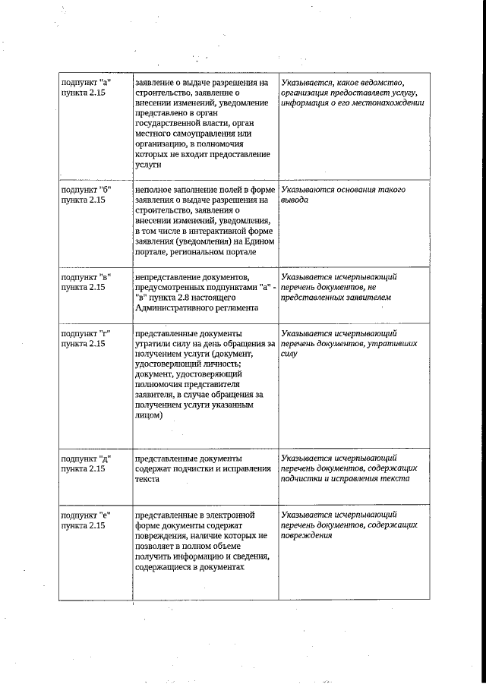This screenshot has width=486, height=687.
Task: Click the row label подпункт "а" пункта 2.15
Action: [87, 87]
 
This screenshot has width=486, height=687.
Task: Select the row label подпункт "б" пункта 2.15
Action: [87, 194]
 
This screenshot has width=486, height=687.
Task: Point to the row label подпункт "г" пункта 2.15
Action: [87, 338]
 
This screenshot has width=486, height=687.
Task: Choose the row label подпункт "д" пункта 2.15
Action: [87, 463]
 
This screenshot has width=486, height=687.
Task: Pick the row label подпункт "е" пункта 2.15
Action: [87, 520]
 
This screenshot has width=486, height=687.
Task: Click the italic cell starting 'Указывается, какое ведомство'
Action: [352, 92]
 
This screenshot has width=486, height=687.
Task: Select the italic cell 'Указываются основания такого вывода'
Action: [342, 194]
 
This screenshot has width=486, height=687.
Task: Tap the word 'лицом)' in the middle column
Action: [148, 415]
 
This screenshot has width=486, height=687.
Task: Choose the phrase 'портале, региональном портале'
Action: [195, 253]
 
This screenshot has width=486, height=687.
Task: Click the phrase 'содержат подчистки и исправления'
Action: [203, 468]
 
